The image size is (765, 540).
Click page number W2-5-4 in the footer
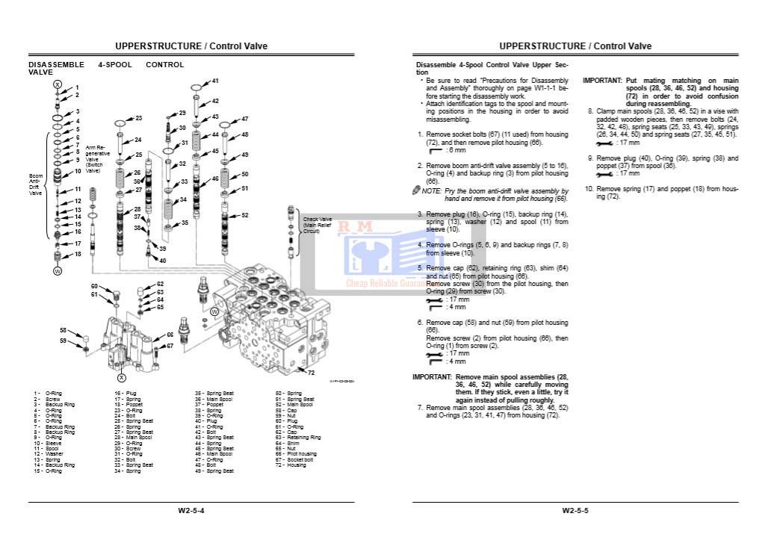pyautogui.click(x=191, y=511)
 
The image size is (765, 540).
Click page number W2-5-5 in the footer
pyautogui.click(x=575, y=511)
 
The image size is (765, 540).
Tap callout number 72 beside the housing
pyautogui.click(x=311, y=373)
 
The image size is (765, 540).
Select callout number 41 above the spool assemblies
pyautogui.click(x=214, y=81)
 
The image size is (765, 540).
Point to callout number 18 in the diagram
pyautogui.click(x=77, y=255)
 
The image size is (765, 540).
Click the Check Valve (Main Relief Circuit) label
pyautogui.click(x=316, y=226)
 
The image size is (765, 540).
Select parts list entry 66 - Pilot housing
pyautogui.click(x=296, y=453)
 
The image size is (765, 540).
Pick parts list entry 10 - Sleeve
pyautogui.click(x=47, y=442)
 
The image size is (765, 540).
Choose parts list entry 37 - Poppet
pyautogui.click(x=209, y=404)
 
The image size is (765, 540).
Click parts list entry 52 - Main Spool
pyautogui.click(x=296, y=404)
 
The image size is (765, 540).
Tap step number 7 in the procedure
pyautogui.click(x=420, y=408)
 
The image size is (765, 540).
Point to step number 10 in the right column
pyautogui.click(x=589, y=189)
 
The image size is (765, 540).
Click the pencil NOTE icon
pyautogui.click(x=416, y=191)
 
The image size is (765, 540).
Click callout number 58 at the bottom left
pyautogui.click(x=64, y=330)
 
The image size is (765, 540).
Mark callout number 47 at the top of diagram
pyautogui.click(x=244, y=119)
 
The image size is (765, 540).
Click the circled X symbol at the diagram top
pyautogui.click(x=58, y=85)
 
